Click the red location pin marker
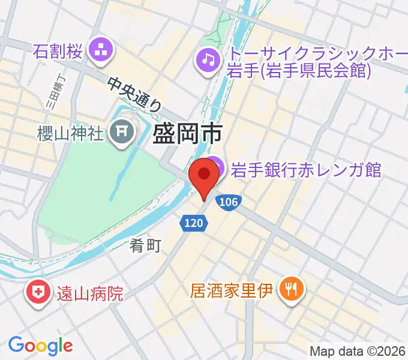pyautogui.click(x=204, y=177)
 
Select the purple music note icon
pyautogui.click(x=208, y=58)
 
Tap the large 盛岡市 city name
pyautogui.click(x=188, y=133)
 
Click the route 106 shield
pyautogui.click(x=228, y=203)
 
